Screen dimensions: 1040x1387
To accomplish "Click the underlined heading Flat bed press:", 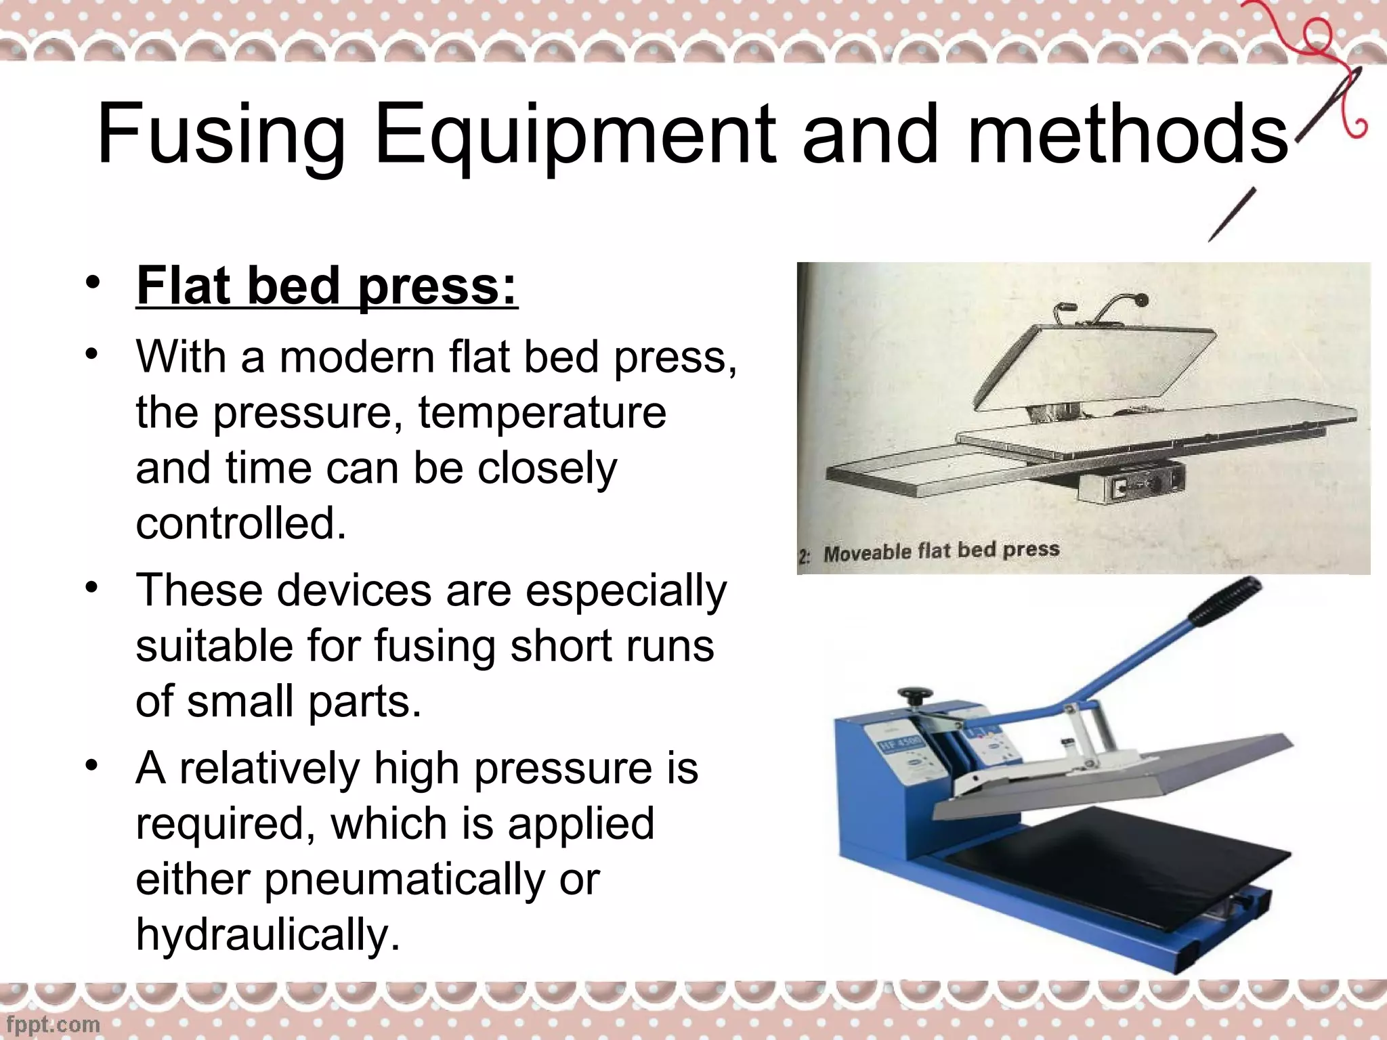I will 326,286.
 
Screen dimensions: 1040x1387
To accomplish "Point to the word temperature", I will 542,412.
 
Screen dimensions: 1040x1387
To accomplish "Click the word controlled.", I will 240,523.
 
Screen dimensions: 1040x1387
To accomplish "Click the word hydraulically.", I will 268,934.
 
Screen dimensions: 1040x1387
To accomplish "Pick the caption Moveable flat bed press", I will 941,551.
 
